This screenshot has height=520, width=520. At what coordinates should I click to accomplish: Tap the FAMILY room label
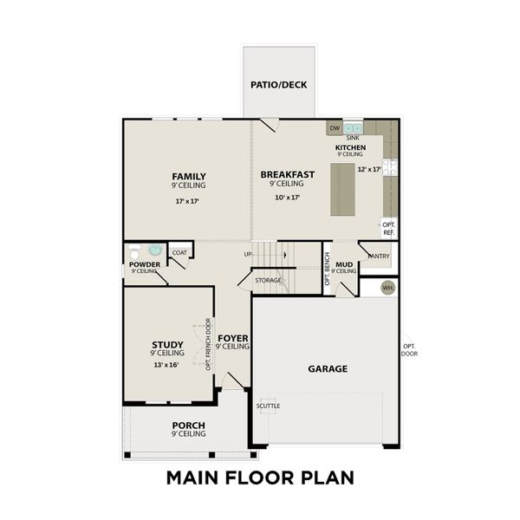tap(188, 176)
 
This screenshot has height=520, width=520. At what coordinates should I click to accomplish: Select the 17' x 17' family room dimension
tap(188, 201)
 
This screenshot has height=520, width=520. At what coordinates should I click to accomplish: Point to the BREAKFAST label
tap(287, 174)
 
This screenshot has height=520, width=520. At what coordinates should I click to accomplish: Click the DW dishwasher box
tap(335, 128)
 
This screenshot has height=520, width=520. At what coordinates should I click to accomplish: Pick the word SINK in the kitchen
tap(353, 138)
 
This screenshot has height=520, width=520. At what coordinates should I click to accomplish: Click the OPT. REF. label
tap(389, 229)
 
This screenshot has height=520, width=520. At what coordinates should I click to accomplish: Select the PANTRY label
tap(378, 256)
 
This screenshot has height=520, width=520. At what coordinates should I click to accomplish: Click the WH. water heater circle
tap(387, 287)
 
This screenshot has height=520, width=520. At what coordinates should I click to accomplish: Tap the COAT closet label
tap(179, 253)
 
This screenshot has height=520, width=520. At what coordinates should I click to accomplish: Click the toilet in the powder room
tap(154, 250)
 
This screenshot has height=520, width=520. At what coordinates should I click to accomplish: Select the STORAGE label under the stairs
tap(268, 280)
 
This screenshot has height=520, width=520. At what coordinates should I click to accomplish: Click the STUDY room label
tap(167, 345)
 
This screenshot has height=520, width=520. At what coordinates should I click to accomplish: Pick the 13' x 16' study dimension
tap(167, 365)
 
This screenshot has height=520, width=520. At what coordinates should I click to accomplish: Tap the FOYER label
tap(233, 338)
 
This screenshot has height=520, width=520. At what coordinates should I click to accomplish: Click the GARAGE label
tap(328, 368)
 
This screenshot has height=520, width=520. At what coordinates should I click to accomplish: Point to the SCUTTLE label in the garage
tap(268, 406)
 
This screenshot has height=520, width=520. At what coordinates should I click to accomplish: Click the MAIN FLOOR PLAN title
tap(260, 478)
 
